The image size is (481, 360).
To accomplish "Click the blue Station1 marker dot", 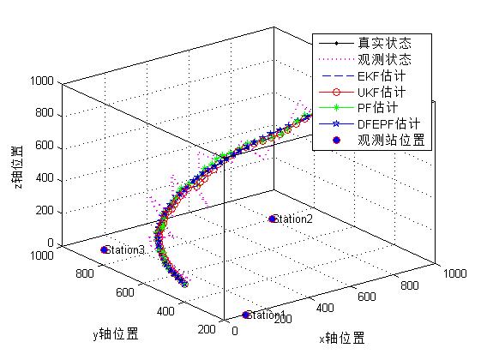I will click(x=247, y=315).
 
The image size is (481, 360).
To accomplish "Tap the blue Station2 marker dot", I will click(x=274, y=219).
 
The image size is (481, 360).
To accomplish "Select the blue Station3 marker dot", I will click(x=105, y=249).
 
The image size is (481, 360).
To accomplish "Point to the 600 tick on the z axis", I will click(x=45, y=147).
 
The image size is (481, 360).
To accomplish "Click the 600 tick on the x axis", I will click(x=369, y=297).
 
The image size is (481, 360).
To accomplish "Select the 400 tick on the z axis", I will click(x=45, y=179).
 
